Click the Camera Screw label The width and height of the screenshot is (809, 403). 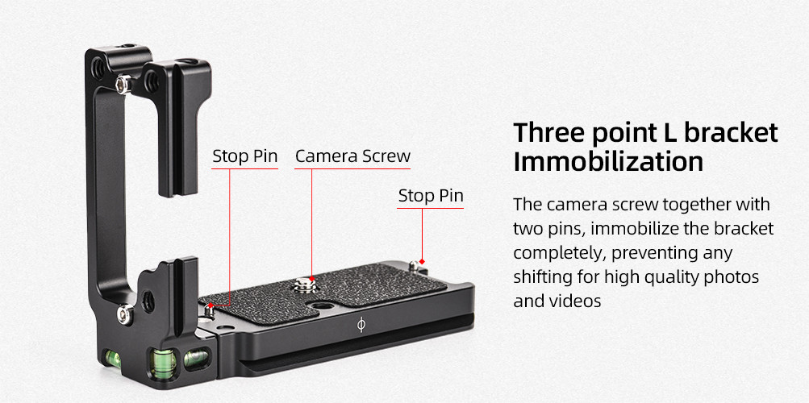pos(353,156)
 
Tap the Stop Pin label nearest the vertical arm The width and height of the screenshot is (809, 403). pos(245,156)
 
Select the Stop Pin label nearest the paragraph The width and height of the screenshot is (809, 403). pos(431,196)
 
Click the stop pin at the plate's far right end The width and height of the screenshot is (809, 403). pos(416,267)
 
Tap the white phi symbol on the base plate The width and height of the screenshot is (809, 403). pos(361,325)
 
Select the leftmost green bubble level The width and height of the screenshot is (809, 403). pos(113,358)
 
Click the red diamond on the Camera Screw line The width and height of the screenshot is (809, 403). pos(311,278)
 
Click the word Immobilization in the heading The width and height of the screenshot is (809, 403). pos(608,162)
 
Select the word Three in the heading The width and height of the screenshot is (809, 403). pos(548,132)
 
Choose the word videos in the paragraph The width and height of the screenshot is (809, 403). pos(577,300)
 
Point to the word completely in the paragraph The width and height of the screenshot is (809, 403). pos(565,254)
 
